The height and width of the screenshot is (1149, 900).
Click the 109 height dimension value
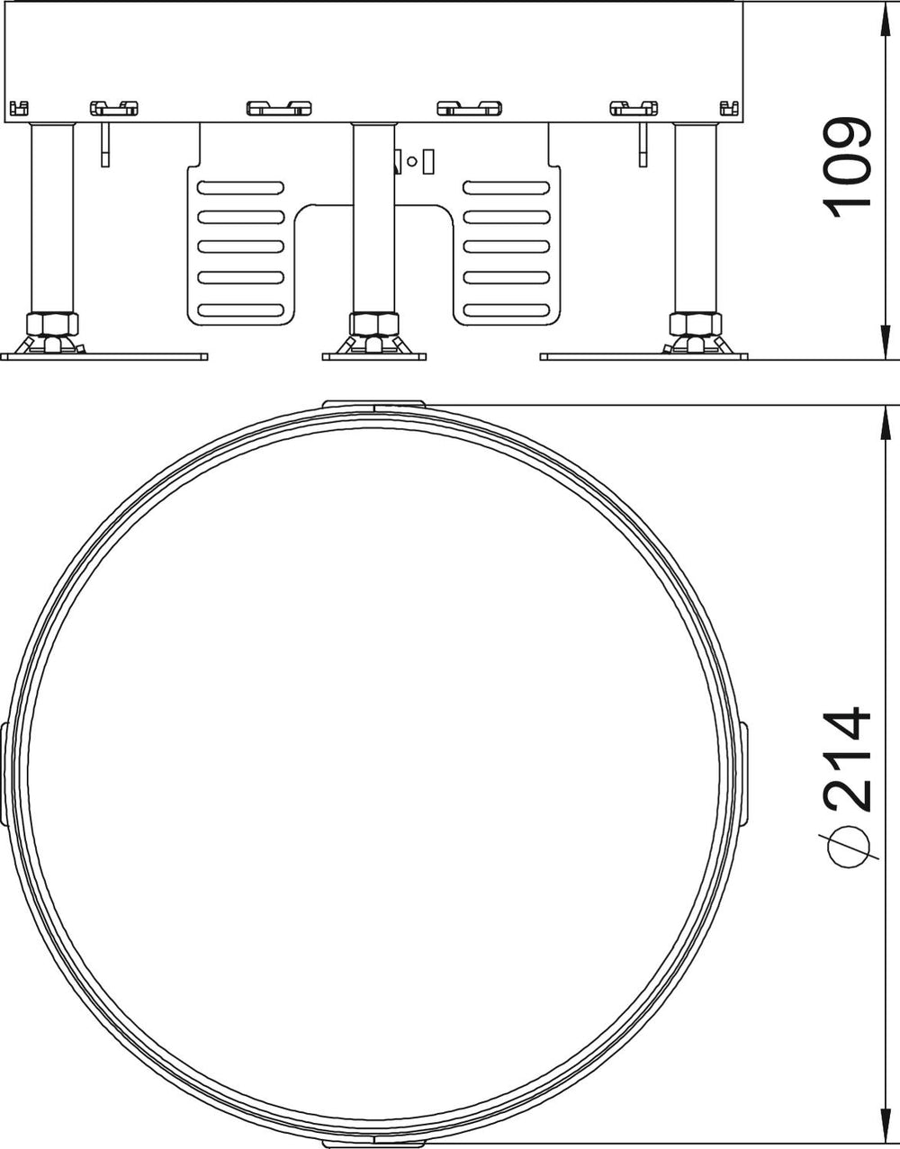pyautogui.click(x=850, y=167)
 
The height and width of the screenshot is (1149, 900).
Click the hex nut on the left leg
pyautogui.click(x=52, y=324)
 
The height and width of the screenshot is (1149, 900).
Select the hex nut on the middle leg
pyautogui.click(x=373, y=324)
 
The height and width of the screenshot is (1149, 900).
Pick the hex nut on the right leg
pyautogui.click(x=696, y=324)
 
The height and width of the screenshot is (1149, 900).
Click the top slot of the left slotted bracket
pyautogui.click(x=240, y=188)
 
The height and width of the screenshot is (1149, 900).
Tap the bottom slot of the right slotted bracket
pyautogui.click(x=507, y=310)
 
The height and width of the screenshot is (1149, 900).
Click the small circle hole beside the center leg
pyautogui.click(x=412, y=161)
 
